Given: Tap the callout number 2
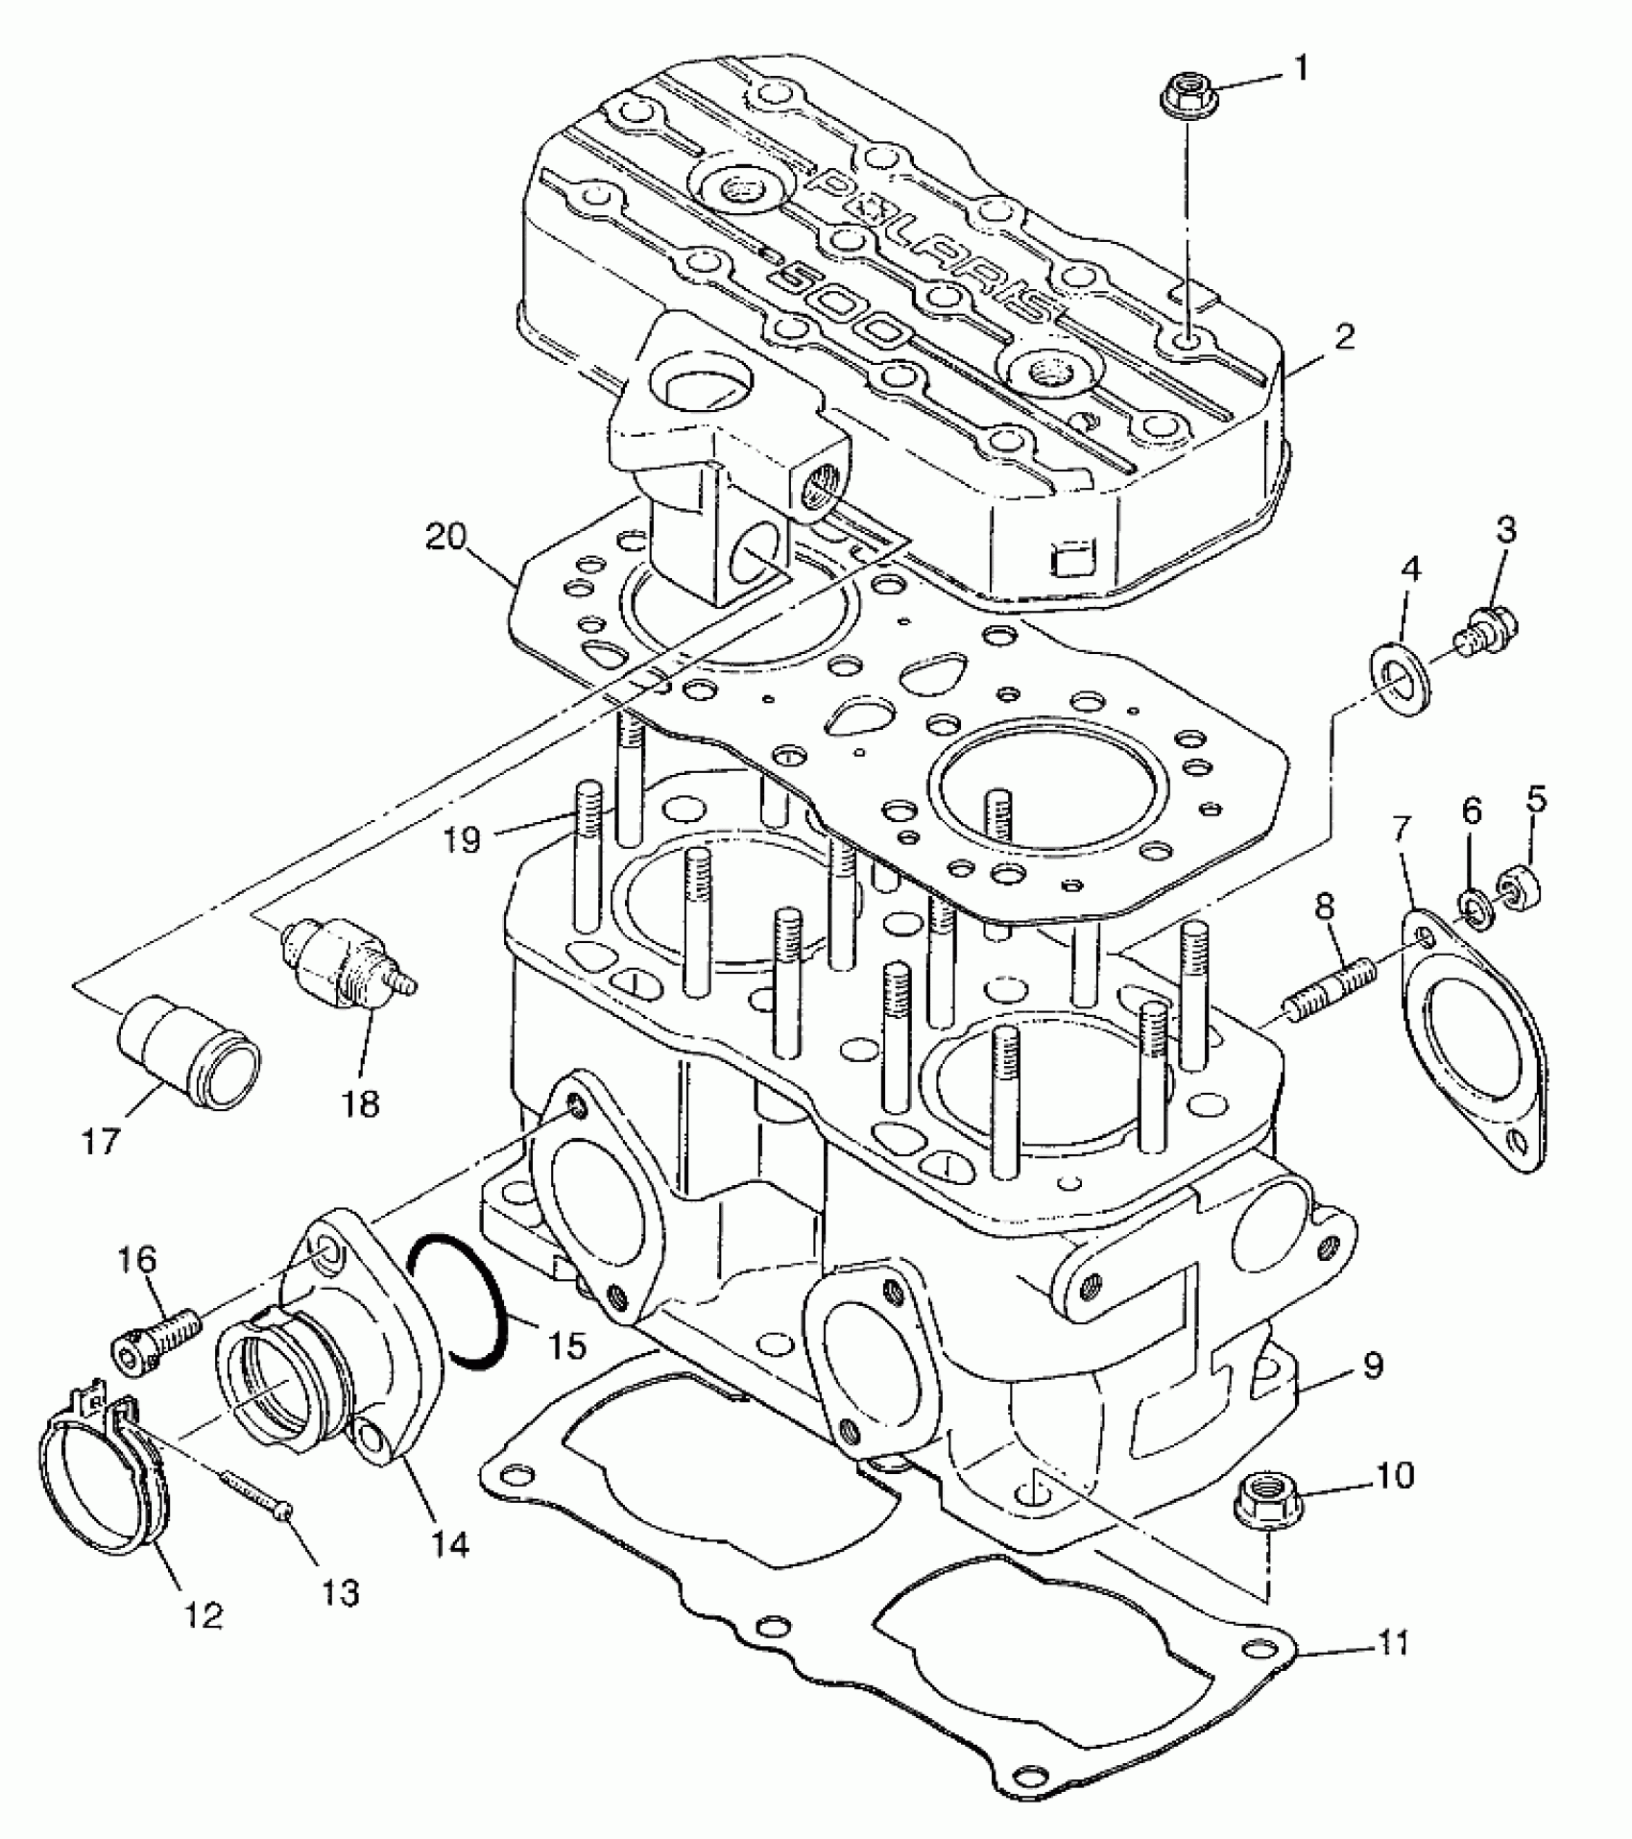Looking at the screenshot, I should (1344, 337).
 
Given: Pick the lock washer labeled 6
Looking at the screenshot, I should (1476, 907).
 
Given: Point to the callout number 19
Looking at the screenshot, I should (463, 840).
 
